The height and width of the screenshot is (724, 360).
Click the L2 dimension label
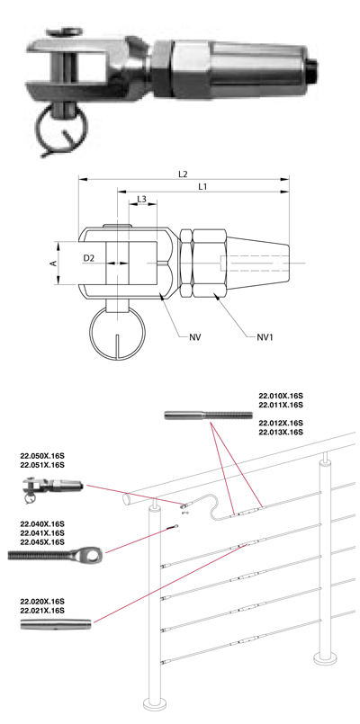tap(183, 174)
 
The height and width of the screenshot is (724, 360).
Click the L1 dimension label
tap(202, 186)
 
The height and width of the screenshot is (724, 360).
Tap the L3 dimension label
tap(142, 199)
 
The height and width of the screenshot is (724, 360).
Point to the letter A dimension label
tap(54, 263)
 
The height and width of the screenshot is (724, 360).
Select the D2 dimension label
tap(89, 259)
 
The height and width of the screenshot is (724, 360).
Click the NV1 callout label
tap(265, 337)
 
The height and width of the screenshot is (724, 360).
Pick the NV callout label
tap(195, 337)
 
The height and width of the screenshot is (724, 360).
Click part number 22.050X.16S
tap(42, 456)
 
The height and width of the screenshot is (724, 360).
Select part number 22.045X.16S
tap(42, 541)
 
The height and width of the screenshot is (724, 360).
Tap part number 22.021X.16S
tap(42, 611)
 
